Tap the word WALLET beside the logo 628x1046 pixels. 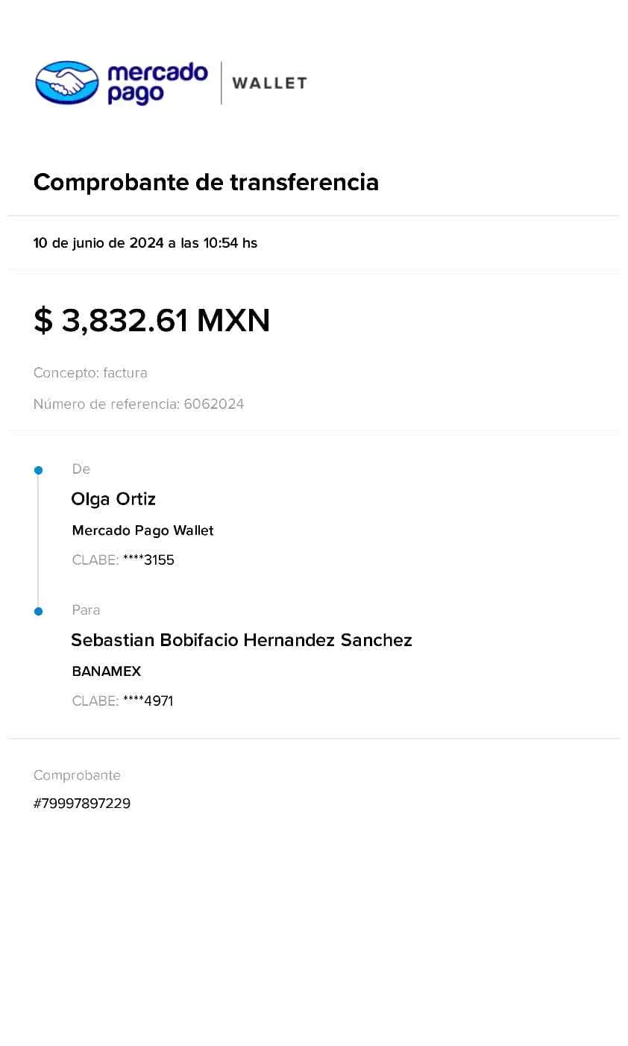click(269, 83)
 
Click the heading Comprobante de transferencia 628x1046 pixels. click(207, 182)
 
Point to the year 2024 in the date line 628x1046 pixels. click(146, 242)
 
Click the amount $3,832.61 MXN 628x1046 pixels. click(150, 321)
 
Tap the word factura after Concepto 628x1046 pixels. click(125, 373)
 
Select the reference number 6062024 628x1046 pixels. click(213, 404)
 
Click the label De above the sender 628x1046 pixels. click(81, 469)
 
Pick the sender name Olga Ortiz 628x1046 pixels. click(113, 499)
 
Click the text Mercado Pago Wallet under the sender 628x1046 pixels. click(142, 530)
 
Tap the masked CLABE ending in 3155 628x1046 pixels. click(148, 560)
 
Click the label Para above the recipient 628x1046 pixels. click(86, 610)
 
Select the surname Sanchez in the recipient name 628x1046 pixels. click(376, 641)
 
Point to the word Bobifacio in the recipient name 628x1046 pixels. click(199, 641)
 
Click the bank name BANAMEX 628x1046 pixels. click(106, 671)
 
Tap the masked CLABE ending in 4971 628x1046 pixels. click(148, 701)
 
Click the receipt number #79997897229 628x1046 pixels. click(82, 804)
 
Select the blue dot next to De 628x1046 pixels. click(38, 471)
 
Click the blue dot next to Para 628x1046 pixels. click(38, 612)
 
